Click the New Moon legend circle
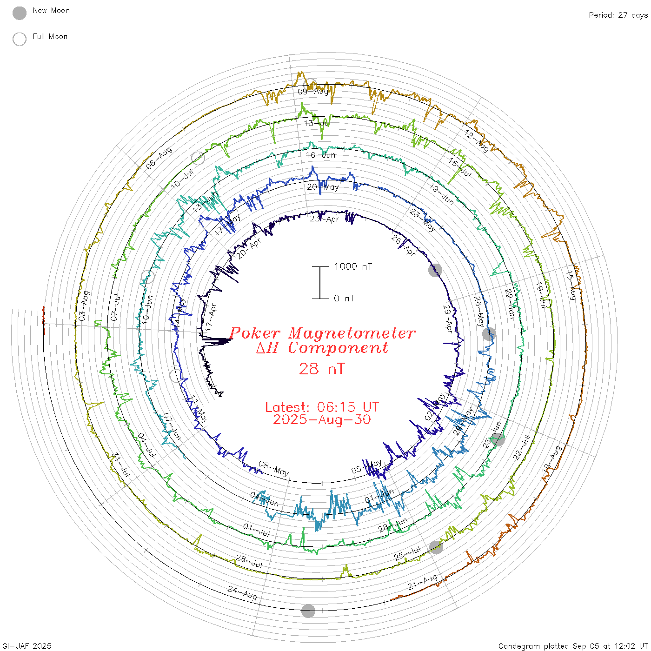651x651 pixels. click(x=20, y=13)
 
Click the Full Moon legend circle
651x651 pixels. click(x=20, y=39)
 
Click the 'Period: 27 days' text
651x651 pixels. click(x=618, y=15)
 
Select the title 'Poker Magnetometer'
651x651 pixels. click(x=322, y=333)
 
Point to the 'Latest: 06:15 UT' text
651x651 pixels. click(x=322, y=407)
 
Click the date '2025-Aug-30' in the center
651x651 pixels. click(x=322, y=420)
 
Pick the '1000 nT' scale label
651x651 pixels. click(x=353, y=266)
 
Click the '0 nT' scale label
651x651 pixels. click(x=344, y=299)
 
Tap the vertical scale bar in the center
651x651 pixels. click(x=320, y=283)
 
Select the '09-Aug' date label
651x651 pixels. click(x=313, y=92)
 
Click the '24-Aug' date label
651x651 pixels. click(x=242, y=593)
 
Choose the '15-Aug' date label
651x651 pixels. click(x=571, y=285)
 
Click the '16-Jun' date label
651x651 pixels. click(x=320, y=155)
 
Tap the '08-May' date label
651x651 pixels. click(x=273, y=468)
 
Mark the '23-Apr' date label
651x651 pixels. click(x=325, y=219)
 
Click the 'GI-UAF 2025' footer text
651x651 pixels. click(x=27, y=646)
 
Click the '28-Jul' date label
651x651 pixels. click(x=249, y=561)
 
